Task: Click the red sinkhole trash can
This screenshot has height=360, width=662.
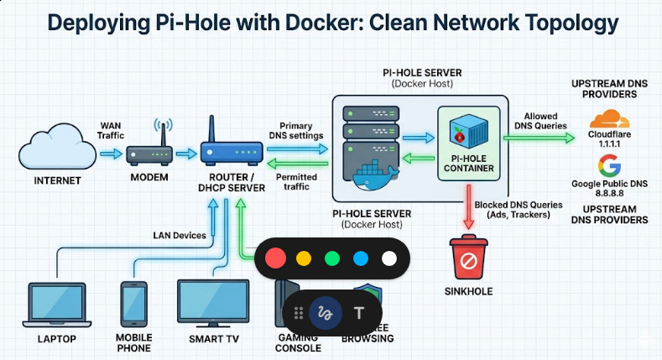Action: pyautogui.click(x=468, y=258)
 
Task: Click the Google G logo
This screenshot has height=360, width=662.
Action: pyautogui.click(x=609, y=165)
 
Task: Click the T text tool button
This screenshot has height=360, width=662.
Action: pyautogui.click(x=359, y=313)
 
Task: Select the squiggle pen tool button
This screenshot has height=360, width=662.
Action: pyautogui.click(x=323, y=313)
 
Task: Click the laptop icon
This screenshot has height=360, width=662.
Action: pyautogui.click(x=56, y=303)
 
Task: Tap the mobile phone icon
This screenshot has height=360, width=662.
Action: pyautogui.click(x=134, y=303)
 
